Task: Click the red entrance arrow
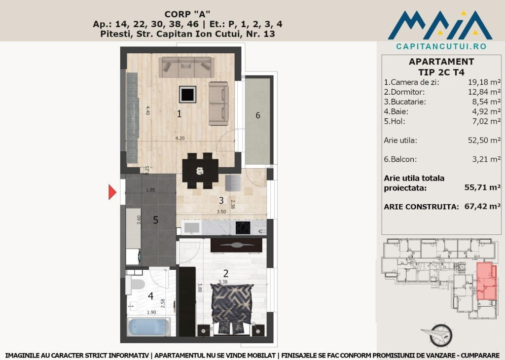(x=112, y=192)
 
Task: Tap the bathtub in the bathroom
(x=148, y=326)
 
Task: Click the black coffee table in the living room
(x=188, y=94)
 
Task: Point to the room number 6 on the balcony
(x=257, y=115)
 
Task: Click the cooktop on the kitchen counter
(x=242, y=228)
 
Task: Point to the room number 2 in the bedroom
(x=225, y=273)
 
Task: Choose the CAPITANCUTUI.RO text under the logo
(x=441, y=46)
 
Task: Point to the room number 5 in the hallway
(x=155, y=220)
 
